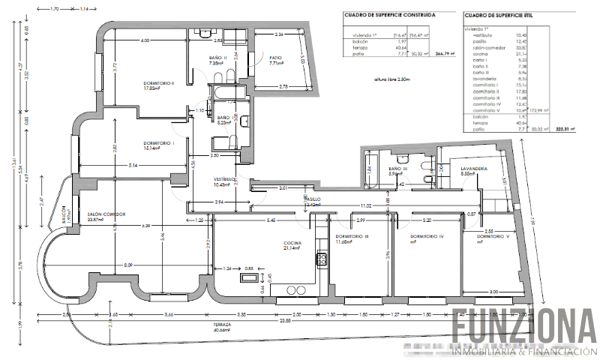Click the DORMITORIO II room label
(x=158, y=83)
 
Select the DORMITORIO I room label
(x=158, y=142)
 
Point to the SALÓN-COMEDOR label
(x=106, y=214)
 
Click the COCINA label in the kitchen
(x=292, y=242)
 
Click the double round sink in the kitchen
(x=298, y=289)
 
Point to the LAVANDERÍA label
(x=475, y=169)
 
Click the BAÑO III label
(x=398, y=169)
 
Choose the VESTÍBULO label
(x=225, y=179)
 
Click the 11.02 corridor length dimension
(x=365, y=205)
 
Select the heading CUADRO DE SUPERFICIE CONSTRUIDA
(x=389, y=14)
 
